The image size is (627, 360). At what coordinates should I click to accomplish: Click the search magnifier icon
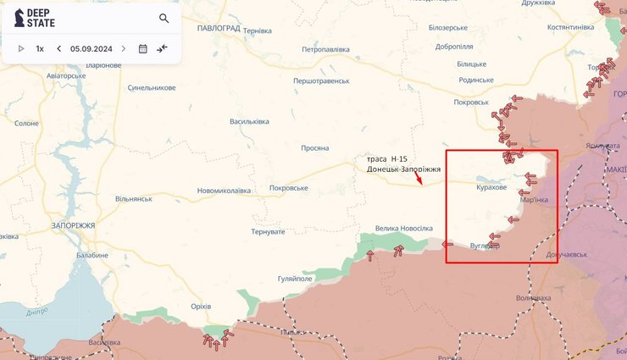[164, 19]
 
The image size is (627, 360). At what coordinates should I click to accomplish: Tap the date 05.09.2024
[92, 48]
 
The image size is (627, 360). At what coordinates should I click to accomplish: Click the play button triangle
[21, 48]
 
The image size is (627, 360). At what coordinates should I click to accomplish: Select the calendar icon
[142, 48]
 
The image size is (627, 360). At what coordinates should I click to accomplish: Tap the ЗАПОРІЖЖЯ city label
[73, 226]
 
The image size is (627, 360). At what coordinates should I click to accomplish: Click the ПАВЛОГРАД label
[219, 28]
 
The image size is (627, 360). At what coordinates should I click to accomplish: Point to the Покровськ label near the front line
[471, 102]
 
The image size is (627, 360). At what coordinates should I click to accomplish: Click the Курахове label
[491, 187]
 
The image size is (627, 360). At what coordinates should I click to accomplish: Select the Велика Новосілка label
[404, 229]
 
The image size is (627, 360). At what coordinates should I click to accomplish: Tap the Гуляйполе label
[296, 278]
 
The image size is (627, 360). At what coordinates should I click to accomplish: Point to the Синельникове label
[152, 88]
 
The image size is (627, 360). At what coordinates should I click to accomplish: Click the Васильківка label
[249, 121]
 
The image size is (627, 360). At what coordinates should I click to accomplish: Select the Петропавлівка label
[325, 49]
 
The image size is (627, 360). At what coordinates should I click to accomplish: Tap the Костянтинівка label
[570, 27]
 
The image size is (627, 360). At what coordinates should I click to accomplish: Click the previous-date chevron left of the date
[58, 48]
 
